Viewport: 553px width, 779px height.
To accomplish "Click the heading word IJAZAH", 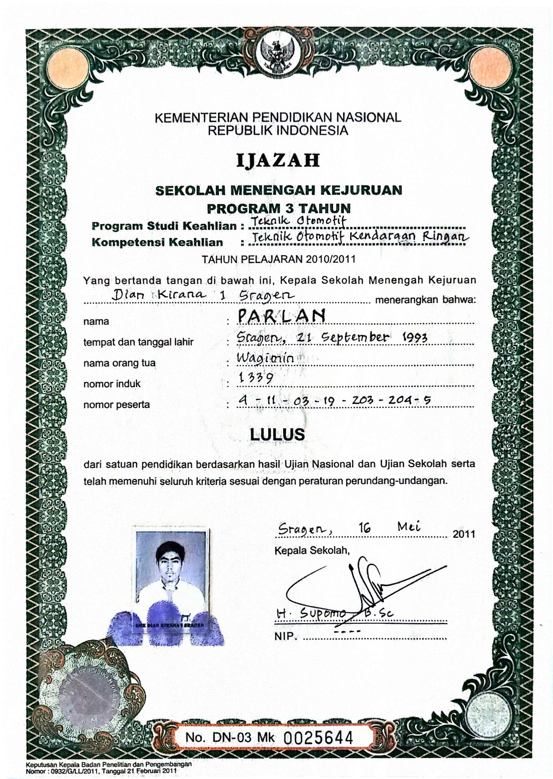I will point(278,160).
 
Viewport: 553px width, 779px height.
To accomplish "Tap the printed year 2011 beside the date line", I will point(464,534).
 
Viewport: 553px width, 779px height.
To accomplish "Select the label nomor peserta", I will point(116,405).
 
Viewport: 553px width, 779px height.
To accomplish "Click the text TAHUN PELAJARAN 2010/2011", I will point(279,259).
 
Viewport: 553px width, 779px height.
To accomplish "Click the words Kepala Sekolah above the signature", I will point(312,551).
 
